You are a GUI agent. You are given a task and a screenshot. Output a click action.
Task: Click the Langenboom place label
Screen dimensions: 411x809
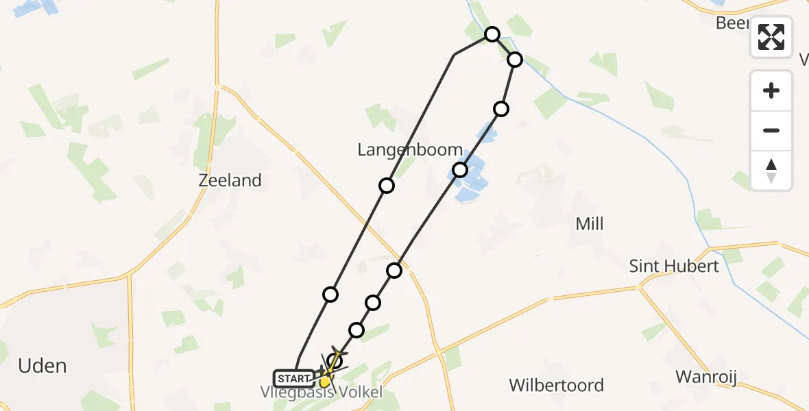pyautogui.click(x=410, y=149)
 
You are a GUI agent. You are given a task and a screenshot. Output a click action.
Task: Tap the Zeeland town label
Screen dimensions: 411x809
pyautogui.click(x=230, y=180)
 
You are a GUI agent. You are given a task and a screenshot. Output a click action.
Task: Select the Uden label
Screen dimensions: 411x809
pyautogui.click(x=43, y=365)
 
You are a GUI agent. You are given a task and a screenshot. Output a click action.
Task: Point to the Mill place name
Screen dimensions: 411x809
pyautogui.click(x=590, y=224)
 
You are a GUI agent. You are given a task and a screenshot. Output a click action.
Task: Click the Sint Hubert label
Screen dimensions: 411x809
pyautogui.click(x=674, y=266)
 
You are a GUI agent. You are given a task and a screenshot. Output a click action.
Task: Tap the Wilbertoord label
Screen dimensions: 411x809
pyautogui.click(x=556, y=385)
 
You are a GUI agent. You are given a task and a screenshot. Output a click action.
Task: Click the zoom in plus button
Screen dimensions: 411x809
pyautogui.click(x=771, y=90)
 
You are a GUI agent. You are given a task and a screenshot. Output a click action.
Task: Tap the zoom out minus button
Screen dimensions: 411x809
pyautogui.click(x=771, y=130)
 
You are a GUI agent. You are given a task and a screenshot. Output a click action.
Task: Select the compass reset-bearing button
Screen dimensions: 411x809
pyautogui.click(x=771, y=171)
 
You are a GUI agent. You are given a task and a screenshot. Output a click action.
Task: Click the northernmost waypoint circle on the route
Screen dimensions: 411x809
pyautogui.click(x=492, y=34)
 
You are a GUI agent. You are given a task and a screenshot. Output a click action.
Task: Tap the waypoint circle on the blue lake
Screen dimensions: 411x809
pyautogui.click(x=460, y=169)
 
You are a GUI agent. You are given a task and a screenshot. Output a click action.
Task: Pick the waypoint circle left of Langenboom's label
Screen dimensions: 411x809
pyautogui.click(x=387, y=186)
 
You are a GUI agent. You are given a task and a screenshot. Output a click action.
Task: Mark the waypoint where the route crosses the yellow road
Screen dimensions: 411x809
pyautogui.click(x=394, y=271)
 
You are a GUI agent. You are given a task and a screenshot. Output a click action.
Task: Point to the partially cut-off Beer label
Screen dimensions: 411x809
pyautogui.click(x=731, y=23)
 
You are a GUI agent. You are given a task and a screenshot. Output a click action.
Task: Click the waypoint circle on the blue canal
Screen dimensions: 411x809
pyautogui.click(x=515, y=60)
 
